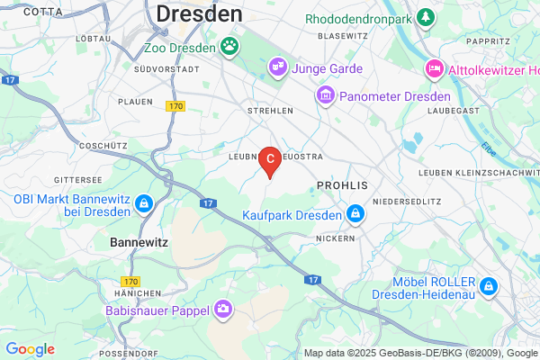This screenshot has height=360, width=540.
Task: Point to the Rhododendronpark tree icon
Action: (x=424, y=18)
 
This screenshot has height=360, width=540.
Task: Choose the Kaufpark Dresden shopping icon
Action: (x=356, y=214)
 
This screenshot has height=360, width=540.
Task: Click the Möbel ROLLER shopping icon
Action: (x=489, y=287)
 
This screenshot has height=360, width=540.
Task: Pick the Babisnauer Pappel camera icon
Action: (x=221, y=310)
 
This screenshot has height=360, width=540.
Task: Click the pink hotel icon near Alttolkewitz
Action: (x=433, y=69)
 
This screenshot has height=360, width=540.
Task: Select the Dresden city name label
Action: (x=199, y=13)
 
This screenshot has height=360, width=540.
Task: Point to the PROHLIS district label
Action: (x=343, y=184)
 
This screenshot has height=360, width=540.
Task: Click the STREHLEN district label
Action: (x=270, y=111)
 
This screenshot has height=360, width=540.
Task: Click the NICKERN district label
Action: (x=337, y=239)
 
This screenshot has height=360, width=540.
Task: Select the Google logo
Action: (x=31, y=349)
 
